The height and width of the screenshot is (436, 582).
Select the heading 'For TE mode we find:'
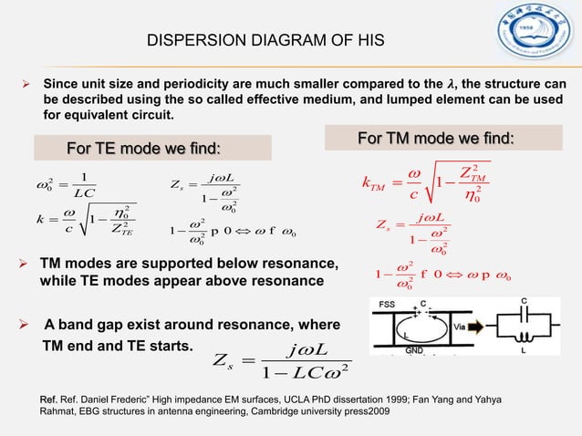coord(146,148)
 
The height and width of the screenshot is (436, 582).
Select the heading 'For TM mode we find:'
coord(436,139)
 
